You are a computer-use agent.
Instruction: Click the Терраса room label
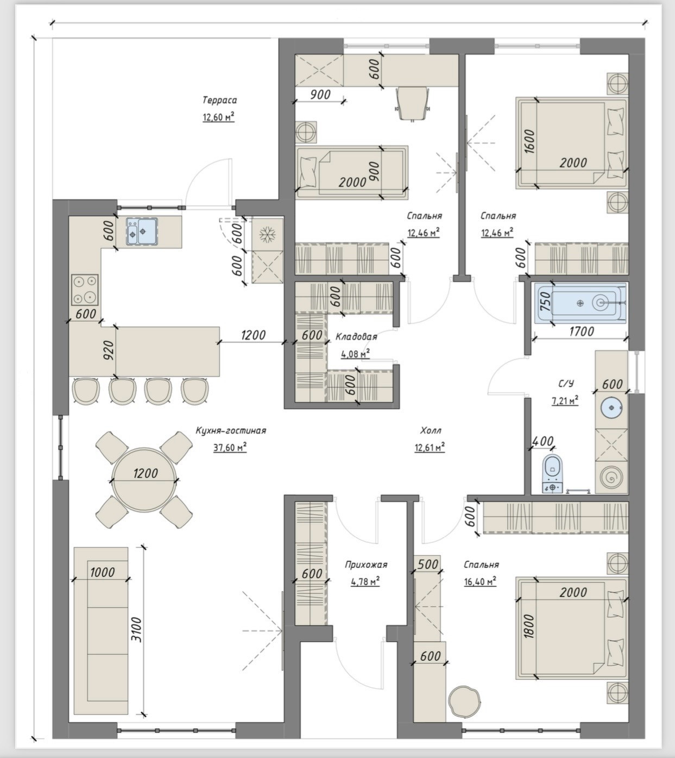[219, 101]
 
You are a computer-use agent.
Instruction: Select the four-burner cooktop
[85, 290]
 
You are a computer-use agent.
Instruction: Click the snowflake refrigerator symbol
[268, 235]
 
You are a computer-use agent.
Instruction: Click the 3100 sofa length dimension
[137, 630]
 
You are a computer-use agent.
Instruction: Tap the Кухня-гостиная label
[231, 431]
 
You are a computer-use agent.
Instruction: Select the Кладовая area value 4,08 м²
[355, 353]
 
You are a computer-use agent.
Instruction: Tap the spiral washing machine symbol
[611, 478]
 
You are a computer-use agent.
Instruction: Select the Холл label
[431, 431]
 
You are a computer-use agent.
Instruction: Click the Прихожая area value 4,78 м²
[365, 582]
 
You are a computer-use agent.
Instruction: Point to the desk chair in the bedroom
[412, 103]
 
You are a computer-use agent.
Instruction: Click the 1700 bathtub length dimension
[582, 331]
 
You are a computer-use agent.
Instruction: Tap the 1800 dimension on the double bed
[529, 626]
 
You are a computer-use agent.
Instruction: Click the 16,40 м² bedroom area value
[480, 582]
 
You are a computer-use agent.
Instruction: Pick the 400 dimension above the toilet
[542, 441]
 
